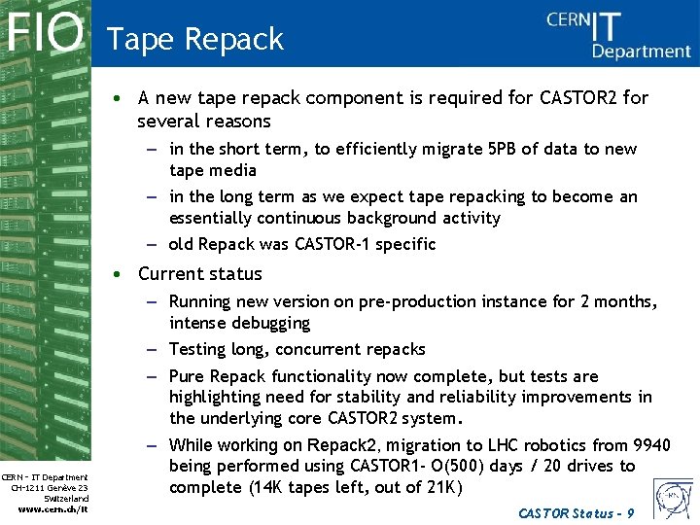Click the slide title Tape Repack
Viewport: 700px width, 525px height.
(195, 39)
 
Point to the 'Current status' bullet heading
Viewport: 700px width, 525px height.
(200, 274)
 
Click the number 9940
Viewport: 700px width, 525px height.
(650, 445)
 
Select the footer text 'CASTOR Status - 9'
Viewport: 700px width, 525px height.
(577, 512)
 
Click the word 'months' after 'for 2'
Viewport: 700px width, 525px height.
(623, 301)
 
